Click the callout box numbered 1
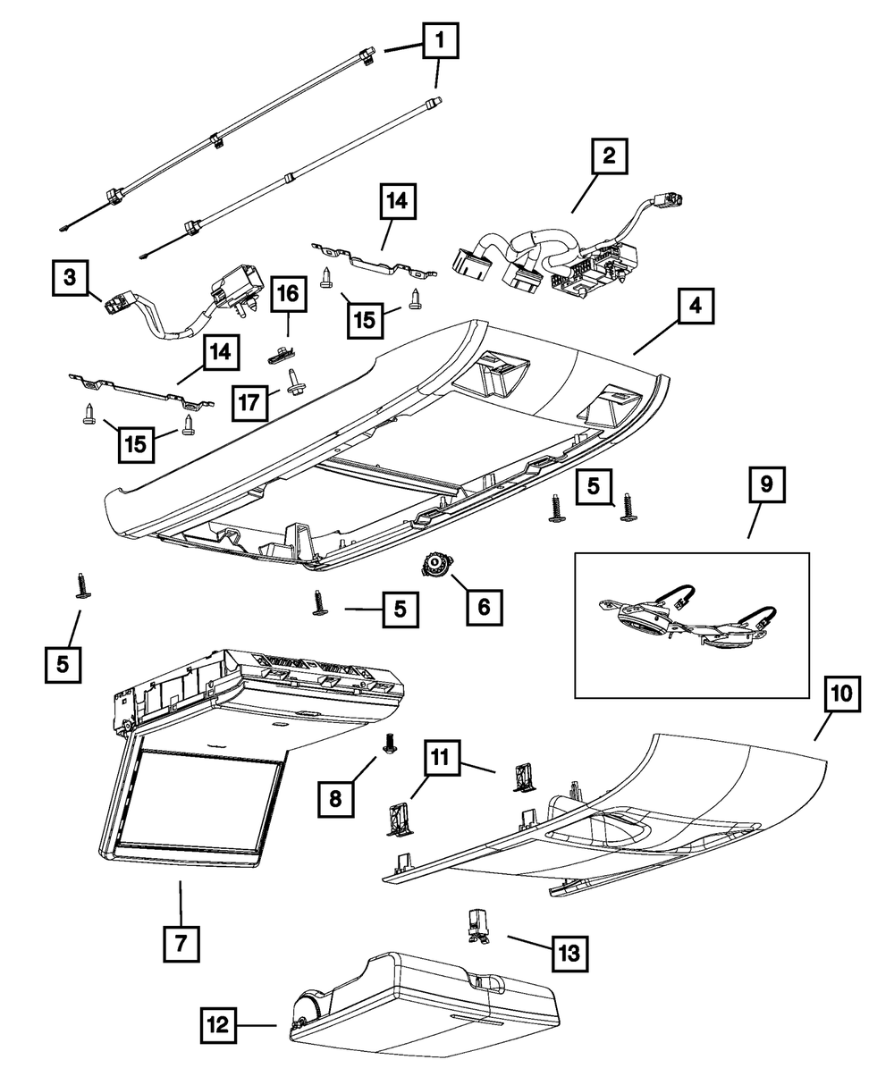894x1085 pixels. pos(439,41)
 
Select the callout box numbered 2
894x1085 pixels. pos(608,158)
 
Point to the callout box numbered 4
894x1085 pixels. pos(696,307)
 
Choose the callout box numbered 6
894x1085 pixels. pos(484,607)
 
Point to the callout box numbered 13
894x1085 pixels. pos(569,953)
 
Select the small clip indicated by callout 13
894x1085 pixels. pos(477,925)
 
